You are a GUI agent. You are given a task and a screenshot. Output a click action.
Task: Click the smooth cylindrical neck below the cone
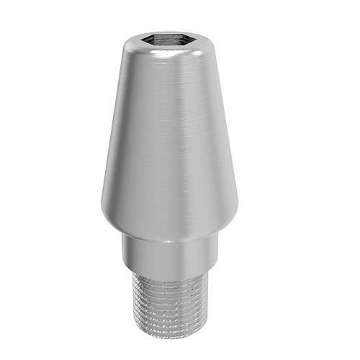[168, 256]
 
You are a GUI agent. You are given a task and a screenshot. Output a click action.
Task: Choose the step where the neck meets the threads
[168, 276]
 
